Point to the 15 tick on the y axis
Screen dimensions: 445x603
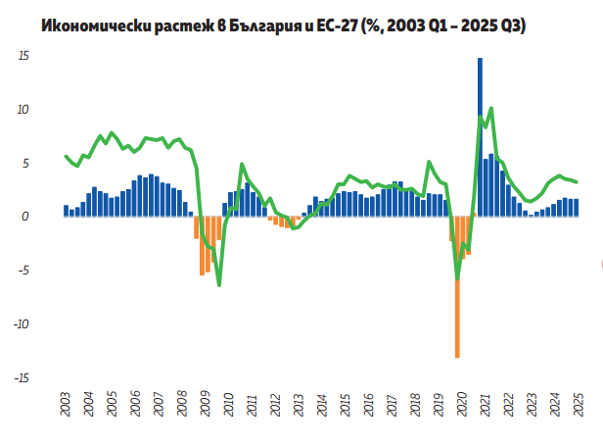23,57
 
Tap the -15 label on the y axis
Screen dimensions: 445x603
21,377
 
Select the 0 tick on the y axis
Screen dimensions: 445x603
26,217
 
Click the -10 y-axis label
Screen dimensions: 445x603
21,324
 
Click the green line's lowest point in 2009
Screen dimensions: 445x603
218,285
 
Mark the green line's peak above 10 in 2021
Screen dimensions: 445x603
490,108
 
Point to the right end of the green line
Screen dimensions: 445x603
577,181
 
